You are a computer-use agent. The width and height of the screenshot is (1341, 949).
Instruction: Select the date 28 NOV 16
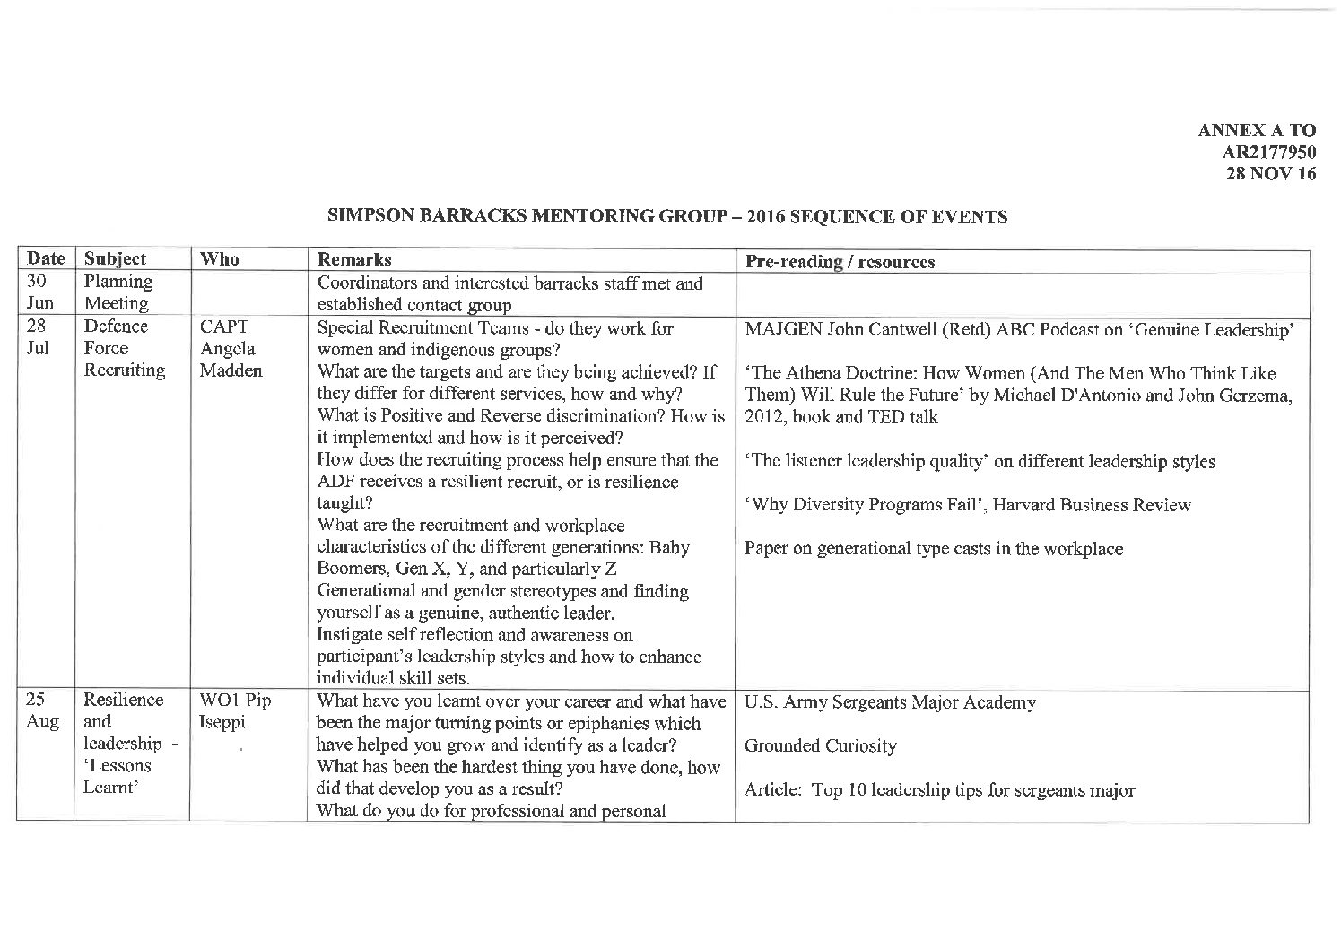[1271, 174]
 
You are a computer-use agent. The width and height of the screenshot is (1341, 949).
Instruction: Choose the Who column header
[220, 259]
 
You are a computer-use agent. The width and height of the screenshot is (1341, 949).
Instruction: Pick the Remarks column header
[354, 260]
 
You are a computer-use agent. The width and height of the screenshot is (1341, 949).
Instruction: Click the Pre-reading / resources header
[840, 261]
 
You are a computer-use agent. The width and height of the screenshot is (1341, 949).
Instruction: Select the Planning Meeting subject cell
[118, 292]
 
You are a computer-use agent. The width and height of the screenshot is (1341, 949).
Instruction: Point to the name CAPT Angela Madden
[230, 348]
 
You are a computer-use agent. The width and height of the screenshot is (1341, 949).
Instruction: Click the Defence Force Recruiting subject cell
[124, 348]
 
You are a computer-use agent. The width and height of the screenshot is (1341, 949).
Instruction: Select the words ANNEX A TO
[1256, 131]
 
